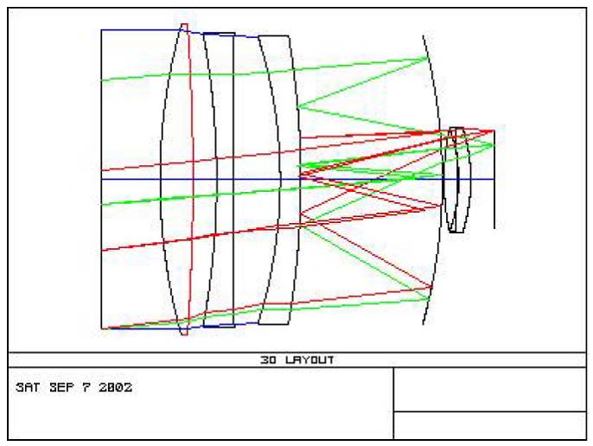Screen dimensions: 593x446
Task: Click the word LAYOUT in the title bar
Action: [309, 360]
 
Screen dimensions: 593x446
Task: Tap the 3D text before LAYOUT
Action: [269, 360]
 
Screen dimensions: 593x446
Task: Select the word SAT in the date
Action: [28, 387]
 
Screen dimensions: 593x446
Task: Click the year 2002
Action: [115, 387]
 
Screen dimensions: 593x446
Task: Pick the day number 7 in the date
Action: [86, 387]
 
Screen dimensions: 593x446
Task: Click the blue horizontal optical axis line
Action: [297, 179]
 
